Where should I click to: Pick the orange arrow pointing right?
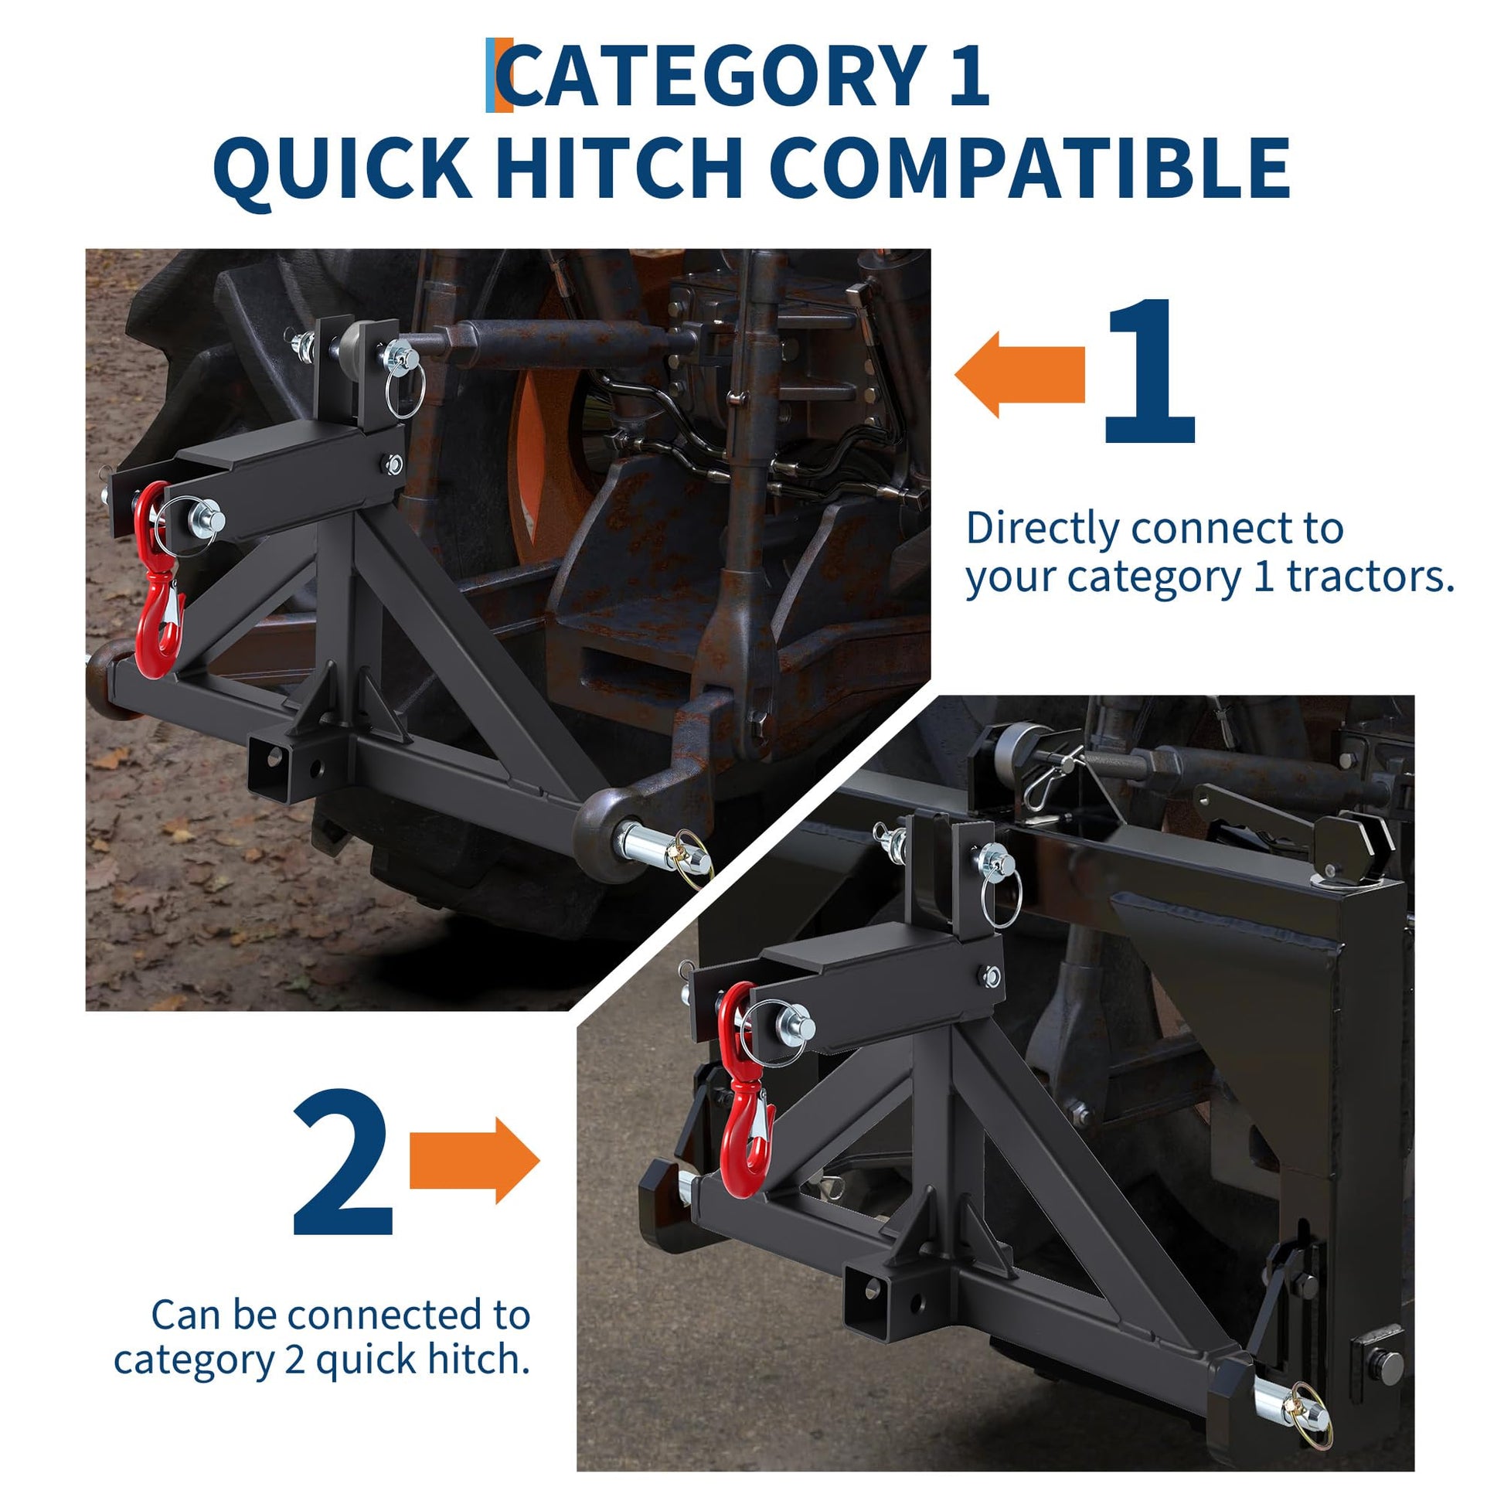pyautogui.click(x=474, y=1161)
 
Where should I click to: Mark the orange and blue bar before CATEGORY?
pyautogui.click(x=499, y=76)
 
